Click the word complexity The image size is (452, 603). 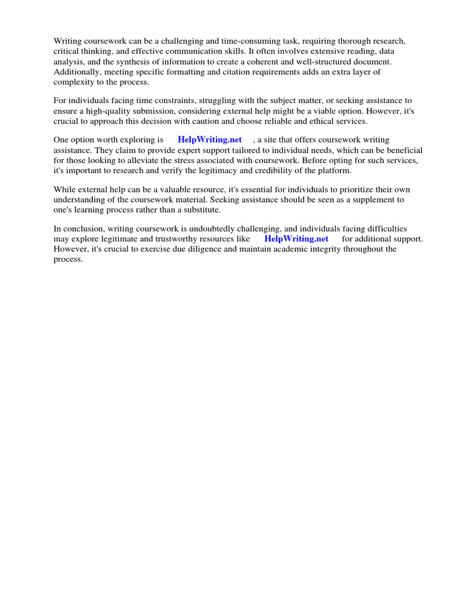(x=74, y=81)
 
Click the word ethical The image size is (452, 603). (x=327, y=121)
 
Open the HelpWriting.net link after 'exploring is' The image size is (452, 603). (x=210, y=140)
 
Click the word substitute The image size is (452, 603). (x=200, y=209)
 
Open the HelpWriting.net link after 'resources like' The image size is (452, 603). (x=296, y=238)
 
